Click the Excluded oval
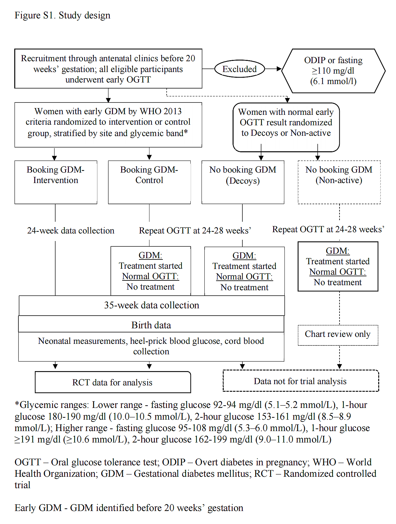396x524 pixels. (240, 69)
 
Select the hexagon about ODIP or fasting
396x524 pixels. (333, 71)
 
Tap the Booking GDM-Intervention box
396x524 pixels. (56, 182)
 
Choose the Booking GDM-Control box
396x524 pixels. (149, 182)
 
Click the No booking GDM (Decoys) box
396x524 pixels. (243, 182)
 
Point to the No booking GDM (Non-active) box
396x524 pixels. (339, 182)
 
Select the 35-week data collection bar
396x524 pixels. (152, 305)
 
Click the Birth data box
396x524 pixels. (151, 324)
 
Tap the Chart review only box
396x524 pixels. (338, 335)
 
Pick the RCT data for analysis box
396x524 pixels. (113, 382)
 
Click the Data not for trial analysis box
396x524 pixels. (300, 381)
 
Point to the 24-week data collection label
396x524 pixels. (71, 231)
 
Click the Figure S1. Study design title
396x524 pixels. (63, 15)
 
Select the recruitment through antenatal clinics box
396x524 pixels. (108, 69)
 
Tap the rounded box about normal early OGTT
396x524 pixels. (286, 127)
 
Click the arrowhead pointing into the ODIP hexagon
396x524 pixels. (279, 69)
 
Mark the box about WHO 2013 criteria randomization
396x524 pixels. (108, 124)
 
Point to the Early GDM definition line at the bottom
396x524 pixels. (129, 508)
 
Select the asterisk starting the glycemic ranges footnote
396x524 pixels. (17, 404)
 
